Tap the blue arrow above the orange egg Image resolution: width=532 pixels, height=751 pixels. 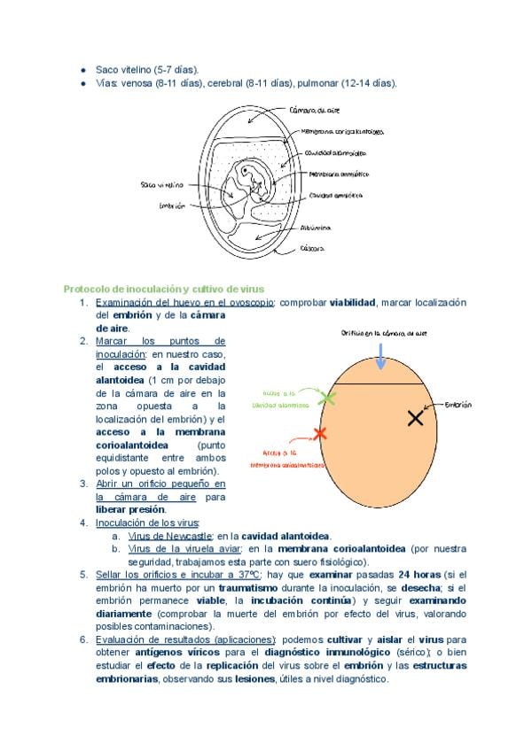(380, 357)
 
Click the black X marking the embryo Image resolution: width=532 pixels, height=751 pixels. (415, 418)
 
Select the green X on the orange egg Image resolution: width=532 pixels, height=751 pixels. (329, 399)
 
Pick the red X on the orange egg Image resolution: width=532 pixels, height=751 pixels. (320, 433)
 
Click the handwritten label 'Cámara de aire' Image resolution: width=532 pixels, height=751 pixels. (314, 112)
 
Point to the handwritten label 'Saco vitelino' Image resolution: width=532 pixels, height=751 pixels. (161, 185)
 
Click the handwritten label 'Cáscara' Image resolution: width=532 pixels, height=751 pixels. (311, 249)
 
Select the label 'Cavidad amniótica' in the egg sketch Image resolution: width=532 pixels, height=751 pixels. (333, 195)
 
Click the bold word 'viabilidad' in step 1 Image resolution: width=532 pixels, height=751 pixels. (353, 302)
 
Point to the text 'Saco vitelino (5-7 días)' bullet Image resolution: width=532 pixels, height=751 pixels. (147, 69)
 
